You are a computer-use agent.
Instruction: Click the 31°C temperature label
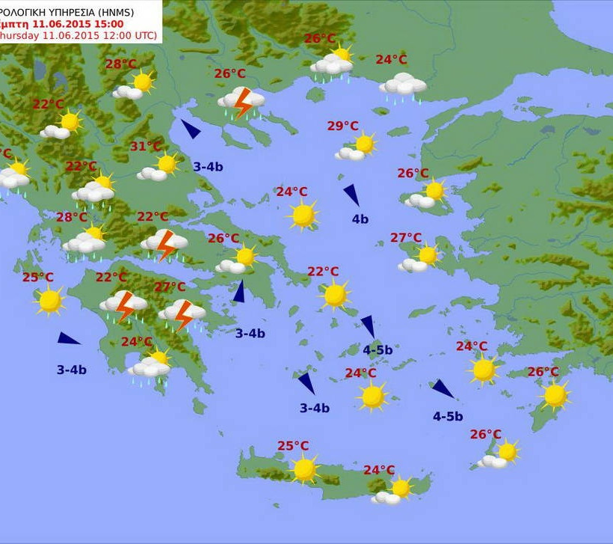coord(146,147)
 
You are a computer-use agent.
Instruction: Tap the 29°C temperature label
coord(342,126)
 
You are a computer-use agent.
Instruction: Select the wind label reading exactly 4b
coord(360,219)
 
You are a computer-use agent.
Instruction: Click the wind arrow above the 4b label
coord(351,195)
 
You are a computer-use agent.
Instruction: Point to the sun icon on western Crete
coord(304,470)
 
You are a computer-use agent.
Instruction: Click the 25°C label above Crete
coord(293,446)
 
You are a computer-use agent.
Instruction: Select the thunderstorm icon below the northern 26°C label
coord(241,101)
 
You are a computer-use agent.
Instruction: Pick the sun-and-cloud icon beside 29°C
coord(357,147)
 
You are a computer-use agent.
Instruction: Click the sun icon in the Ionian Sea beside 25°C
coord(50,300)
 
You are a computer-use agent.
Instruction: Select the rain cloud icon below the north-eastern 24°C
coord(403,86)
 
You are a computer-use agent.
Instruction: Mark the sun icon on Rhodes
coord(555,395)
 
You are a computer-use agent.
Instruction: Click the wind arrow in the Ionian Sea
coord(68,339)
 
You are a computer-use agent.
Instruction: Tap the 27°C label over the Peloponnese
coord(170,287)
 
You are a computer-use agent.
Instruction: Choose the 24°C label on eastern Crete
coord(379,470)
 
